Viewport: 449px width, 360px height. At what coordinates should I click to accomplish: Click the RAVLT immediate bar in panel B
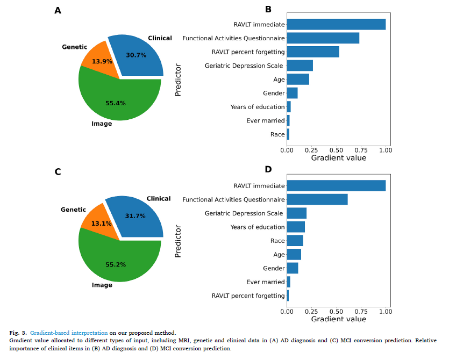pyautogui.click(x=336, y=24)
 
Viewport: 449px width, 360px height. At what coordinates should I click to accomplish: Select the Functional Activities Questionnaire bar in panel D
pyautogui.click(x=317, y=199)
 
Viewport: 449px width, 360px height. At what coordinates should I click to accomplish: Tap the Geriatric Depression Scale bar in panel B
pyautogui.click(x=300, y=66)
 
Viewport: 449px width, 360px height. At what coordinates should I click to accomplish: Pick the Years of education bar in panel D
pyautogui.click(x=296, y=227)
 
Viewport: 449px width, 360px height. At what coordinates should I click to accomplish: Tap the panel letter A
pyautogui.click(x=58, y=10)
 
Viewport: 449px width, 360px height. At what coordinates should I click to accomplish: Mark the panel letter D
pyautogui.click(x=268, y=169)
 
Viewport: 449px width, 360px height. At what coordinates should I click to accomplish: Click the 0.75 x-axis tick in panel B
pyautogui.click(x=361, y=150)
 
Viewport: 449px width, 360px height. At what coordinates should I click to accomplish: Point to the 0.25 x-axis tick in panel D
pyautogui.click(x=311, y=311)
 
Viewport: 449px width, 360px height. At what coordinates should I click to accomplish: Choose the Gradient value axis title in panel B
pyautogui.click(x=339, y=158)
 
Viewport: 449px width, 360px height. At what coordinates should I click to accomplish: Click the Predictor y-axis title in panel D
pyautogui.click(x=179, y=241)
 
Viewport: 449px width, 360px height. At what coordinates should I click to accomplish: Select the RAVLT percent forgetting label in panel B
pyautogui.click(x=248, y=52)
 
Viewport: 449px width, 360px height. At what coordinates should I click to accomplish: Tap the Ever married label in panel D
pyautogui.click(x=266, y=282)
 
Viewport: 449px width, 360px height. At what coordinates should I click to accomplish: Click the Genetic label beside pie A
pyautogui.click(x=74, y=47)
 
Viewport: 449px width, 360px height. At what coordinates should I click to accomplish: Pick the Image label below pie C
pyautogui.click(x=102, y=285)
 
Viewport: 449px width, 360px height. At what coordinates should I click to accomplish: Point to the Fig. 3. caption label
pyautogui.click(x=18, y=333)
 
